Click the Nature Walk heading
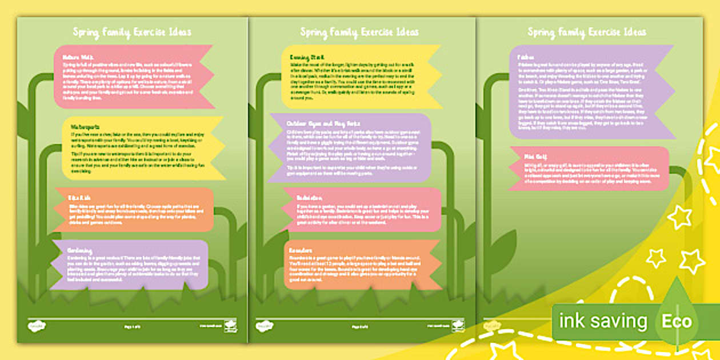(71, 58)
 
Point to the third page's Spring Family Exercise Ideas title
(587, 32)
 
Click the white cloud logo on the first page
(37, 326)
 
